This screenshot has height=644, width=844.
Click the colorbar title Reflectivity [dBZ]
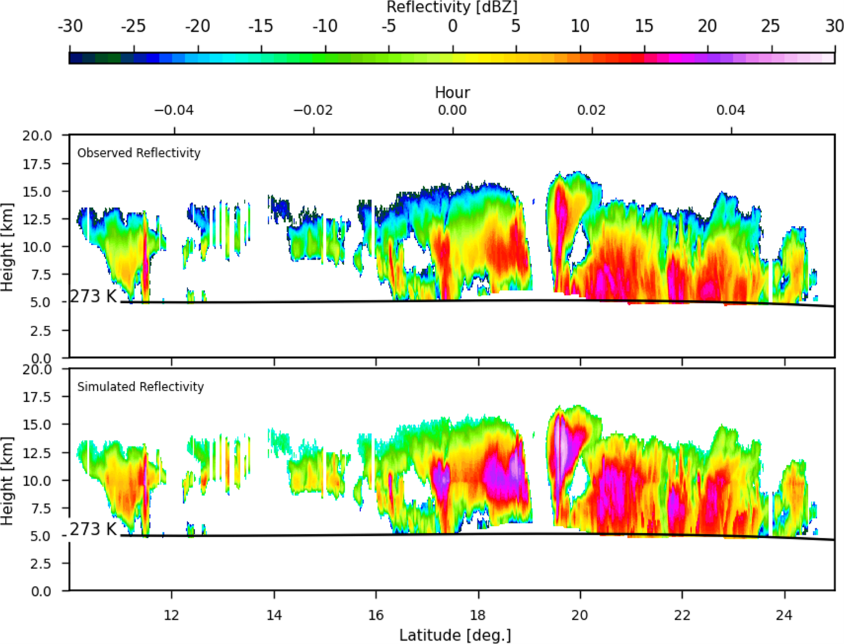point(452,8)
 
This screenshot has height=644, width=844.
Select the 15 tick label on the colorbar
point(644,27)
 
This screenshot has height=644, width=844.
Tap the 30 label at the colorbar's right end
point(834,27)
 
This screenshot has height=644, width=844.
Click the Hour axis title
point(452,92)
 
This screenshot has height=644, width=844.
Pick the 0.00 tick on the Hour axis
point(453,111)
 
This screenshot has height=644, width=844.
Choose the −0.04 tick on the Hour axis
point(174,111)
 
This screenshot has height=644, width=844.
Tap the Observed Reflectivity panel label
point(138,153)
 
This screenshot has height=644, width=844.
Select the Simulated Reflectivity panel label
point(140,387)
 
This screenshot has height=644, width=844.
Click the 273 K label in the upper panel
point(94,297)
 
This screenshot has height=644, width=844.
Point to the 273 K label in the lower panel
point(94,529)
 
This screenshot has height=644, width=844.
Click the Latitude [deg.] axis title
point(452,633)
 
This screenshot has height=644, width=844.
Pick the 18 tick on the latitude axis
point(478,614)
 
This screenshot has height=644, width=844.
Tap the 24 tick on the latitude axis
point(784,614)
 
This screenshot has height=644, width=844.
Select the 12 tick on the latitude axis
point(172,614)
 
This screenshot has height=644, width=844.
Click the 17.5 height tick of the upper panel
point(46,163)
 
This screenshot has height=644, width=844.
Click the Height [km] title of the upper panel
point(8,246)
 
